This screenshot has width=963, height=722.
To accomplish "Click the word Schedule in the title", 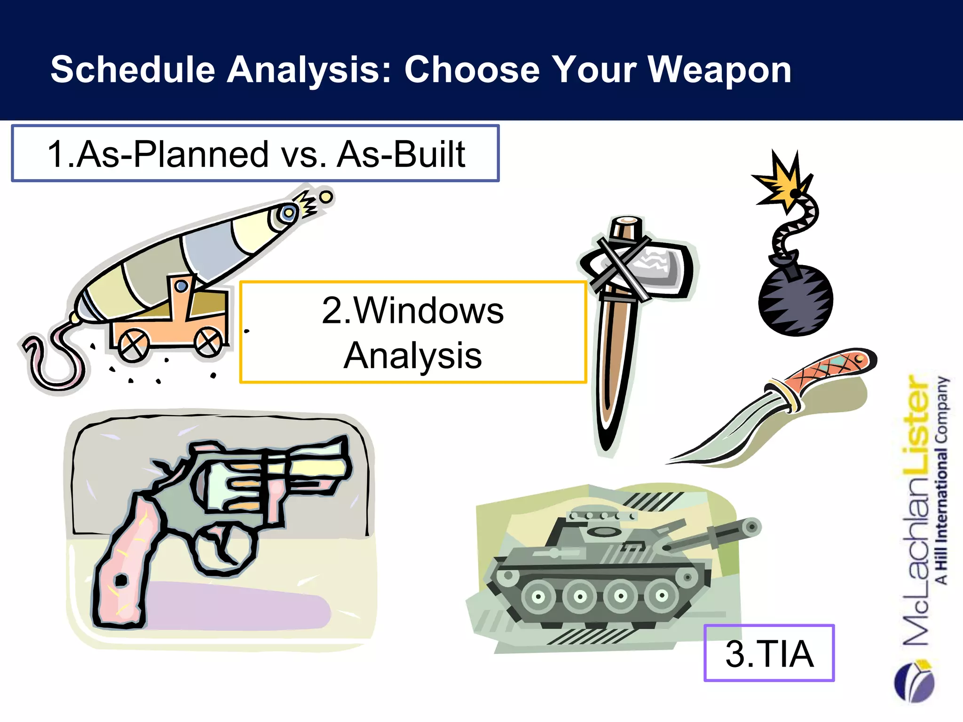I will coord(133,70).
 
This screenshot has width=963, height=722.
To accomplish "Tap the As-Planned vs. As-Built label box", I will coord(255,153).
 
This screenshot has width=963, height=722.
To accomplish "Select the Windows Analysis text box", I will coord(413,332).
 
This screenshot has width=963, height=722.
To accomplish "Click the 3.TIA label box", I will coord(769,653).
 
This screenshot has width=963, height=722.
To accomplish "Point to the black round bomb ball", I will coord(796,301).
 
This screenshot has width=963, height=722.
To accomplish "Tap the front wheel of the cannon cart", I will coord(208,342).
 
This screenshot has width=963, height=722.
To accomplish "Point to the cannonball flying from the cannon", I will coord(325,197).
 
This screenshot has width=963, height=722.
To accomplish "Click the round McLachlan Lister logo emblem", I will coord(915,682).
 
